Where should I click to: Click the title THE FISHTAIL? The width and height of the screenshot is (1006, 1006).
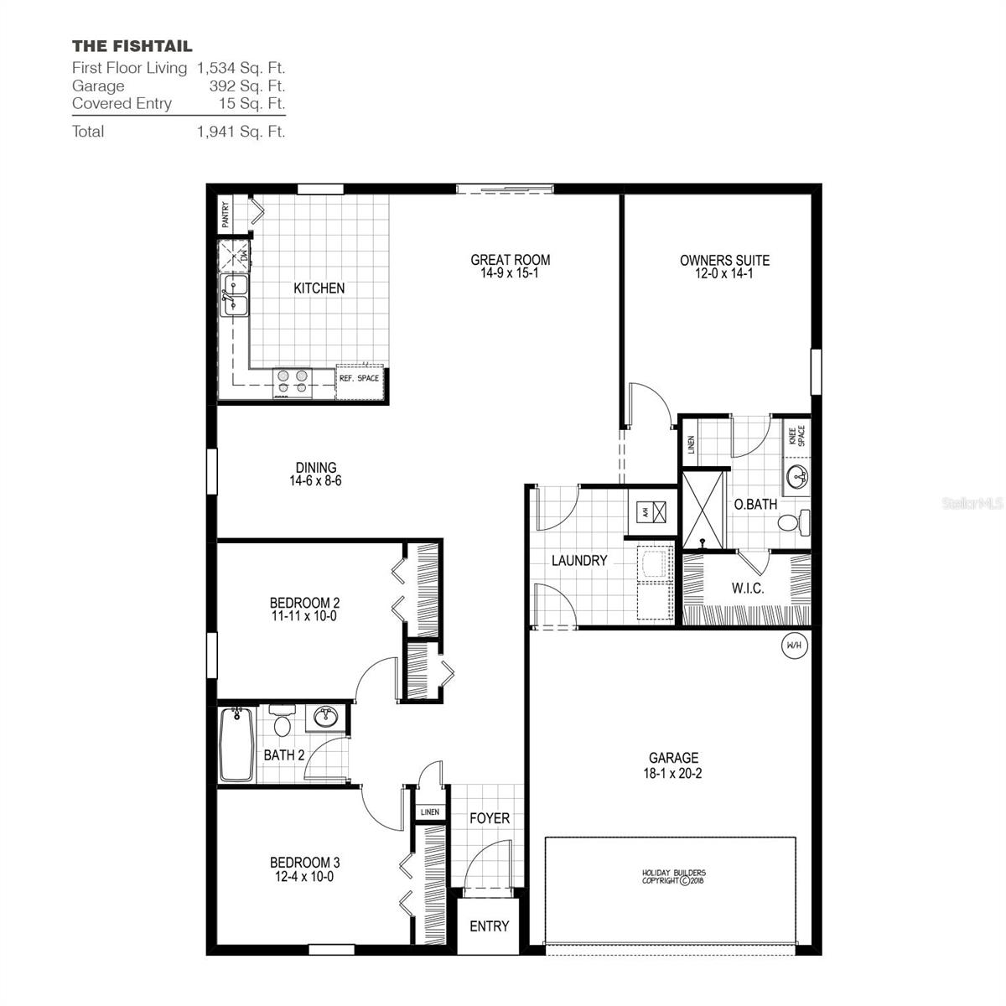coord(132,46)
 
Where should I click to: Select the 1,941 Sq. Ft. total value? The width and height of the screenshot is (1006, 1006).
coord(241,132)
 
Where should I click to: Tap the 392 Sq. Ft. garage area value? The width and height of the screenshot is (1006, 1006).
coord(246,86)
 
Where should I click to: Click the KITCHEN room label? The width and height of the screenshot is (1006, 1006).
coord(319,288)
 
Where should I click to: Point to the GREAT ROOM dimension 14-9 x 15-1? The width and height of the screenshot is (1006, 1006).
coord(510,273)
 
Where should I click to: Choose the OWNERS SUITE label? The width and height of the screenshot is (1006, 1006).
coord(724,261)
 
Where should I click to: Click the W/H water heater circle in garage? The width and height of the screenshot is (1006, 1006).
coord(793,646)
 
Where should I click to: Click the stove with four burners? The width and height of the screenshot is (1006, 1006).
coord(292,382)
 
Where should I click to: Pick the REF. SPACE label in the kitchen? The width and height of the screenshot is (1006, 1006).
coord(359,378)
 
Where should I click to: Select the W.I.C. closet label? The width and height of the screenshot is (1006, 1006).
coord(747,589)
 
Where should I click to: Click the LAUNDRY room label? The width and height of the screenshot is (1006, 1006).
coord(578,561)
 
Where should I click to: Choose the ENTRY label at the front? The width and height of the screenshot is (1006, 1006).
coord(489,926)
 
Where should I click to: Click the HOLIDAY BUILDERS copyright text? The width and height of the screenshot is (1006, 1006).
coord(673,877)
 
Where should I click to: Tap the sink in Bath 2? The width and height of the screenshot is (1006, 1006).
coord(325,717)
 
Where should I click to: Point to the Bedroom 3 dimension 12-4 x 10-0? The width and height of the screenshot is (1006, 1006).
coord(304,877)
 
